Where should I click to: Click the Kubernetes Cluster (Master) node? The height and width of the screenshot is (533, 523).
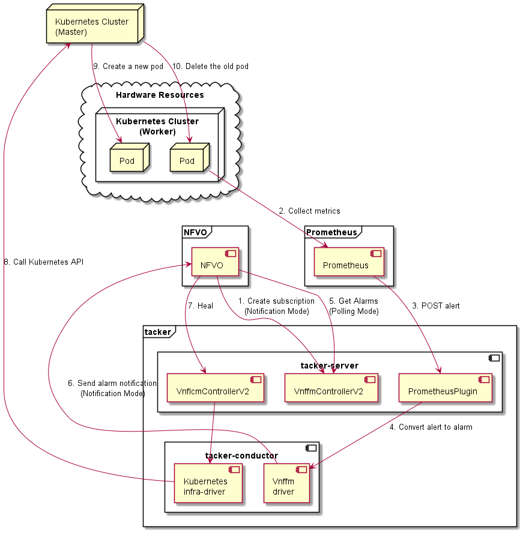click(x=93, y=27)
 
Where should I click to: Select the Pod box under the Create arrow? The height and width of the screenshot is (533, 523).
click(x=127, y=160)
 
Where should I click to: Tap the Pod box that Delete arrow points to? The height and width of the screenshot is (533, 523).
click(x=187, y=160)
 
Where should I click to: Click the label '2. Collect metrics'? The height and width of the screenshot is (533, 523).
click(x=309, y=211)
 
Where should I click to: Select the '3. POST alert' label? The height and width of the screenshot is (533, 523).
click(x=436, y=306)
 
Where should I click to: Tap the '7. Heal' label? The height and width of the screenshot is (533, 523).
click(x=201, y=306)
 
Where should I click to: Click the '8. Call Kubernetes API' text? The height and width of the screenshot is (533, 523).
click(x=43, y=262)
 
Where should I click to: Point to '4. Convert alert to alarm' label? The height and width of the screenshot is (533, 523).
click(x=431, y=427)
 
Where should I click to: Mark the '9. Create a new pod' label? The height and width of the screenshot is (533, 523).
click(x=128, y=66)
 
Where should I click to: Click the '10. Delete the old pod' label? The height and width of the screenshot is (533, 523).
click(x=210, y=66)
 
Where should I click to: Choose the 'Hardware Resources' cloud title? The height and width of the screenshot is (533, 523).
click(x=160, y=95)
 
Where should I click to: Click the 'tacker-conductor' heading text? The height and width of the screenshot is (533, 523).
click(x=241, y=456)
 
